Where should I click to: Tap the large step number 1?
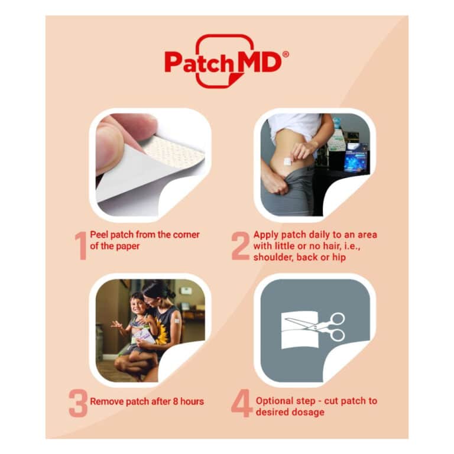[80, 245]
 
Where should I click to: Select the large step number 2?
[240, 245]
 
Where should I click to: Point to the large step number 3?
[78, 403]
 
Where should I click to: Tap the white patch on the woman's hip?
[287, 161]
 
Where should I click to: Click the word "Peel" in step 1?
[99, 235]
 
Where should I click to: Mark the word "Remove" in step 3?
[107, 401]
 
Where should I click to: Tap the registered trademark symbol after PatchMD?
[286, 54]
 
